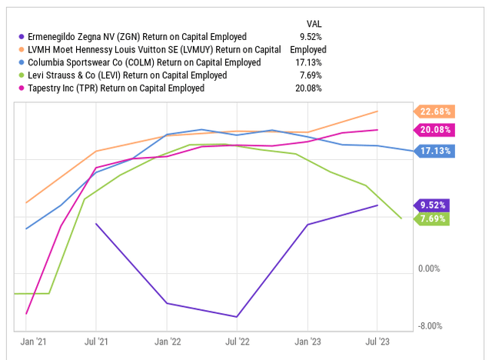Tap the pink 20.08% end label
[x=435, y=130]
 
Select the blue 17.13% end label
[x=435, y=152]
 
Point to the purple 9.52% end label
[x=434, y=205]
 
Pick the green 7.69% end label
[x=434, y=218]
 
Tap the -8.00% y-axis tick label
[x=430, y=325]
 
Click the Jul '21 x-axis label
[x=95, y=341]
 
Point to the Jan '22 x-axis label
[x=168, y=341]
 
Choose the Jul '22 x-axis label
[x=238, y=341]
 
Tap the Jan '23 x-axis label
[x=308, y=341]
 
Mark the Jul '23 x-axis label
[x=377, y=341]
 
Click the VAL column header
[x=314, y=23]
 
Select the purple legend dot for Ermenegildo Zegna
[x=21, y=36]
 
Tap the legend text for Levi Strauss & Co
[x=127, y=75]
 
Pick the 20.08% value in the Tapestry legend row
[x=307, y=88]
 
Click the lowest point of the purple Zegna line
[x=238, y=317]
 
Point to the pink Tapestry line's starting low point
[x=27, y=314]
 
